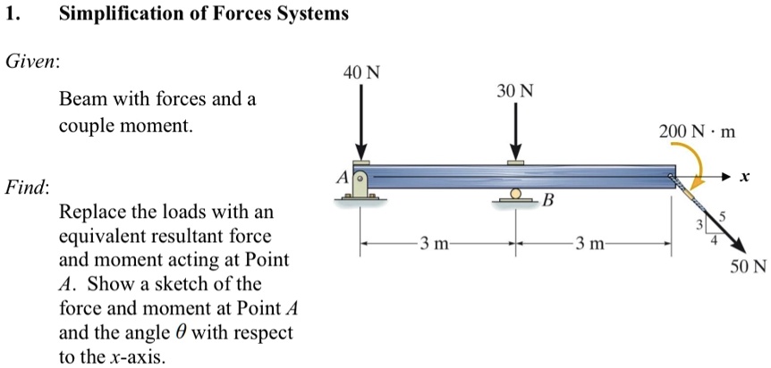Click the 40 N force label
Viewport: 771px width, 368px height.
tap(360, 72)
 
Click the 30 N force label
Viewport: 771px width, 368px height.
tap(515, 91)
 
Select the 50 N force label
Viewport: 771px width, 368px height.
tap(748, 266)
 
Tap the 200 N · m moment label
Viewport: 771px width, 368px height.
tap(697, 132)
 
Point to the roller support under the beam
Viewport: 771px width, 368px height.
tap(515, 196)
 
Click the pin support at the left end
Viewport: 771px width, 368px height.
tap(360, 185)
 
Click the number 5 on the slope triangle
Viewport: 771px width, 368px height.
tap(724, 216)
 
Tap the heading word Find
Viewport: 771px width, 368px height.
tap(27, 188)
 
